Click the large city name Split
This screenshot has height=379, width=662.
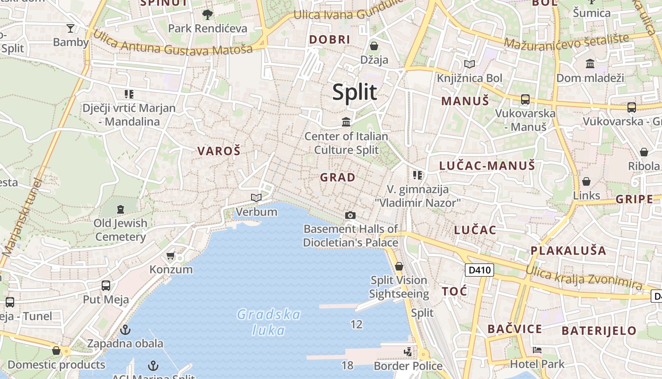click(x=355, y=92)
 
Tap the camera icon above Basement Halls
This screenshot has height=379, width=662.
click(x=350, y=216)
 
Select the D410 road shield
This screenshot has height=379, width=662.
click(x=479, y=271)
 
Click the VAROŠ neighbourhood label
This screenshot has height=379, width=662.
click(x=219, y=151)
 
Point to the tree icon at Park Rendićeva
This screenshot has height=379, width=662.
click(x=207, y=15)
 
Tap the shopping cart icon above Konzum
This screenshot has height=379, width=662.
click(x=171, y=256)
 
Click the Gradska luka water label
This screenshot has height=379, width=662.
click(x=269, y=322)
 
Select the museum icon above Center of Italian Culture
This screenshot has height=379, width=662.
click(x=346, y=123)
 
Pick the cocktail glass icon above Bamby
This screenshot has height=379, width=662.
click(x=70, y=28)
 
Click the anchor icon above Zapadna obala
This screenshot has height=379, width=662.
click(x=125, y=330)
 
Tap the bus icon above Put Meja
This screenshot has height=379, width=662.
click(x=106, y=286)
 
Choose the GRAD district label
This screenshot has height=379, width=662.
click(x=338, y=178)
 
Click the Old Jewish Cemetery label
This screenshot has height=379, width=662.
click(x=121, y=230)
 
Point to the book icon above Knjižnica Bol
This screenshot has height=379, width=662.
click(x=469, y=64)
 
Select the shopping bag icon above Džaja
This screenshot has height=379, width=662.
click(x=374, y=46)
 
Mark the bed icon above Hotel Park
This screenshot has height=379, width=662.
click(x=537, y=351)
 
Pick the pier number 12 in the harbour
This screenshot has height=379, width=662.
click(x=357, y=325)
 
